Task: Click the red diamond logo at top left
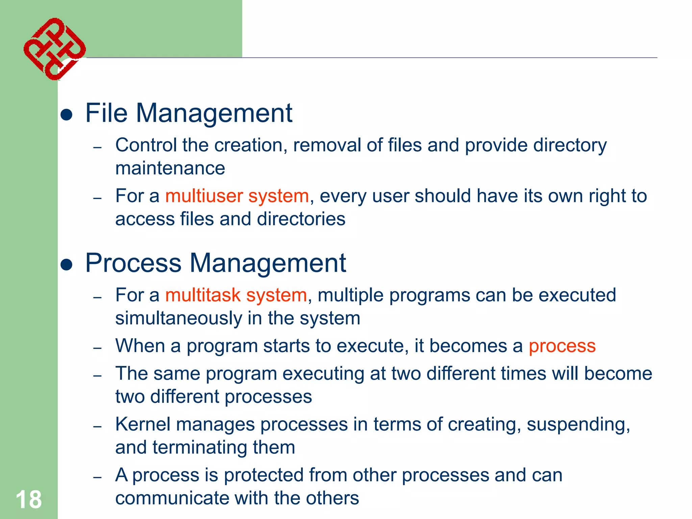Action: (54, 49)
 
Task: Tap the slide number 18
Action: (29, 499)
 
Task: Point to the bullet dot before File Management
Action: (67, 115)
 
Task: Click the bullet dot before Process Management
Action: (67, 265)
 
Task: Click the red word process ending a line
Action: (562, 346)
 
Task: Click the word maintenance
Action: (170, 168)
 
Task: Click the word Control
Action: (146, 145)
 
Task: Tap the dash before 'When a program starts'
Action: (98, 348)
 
